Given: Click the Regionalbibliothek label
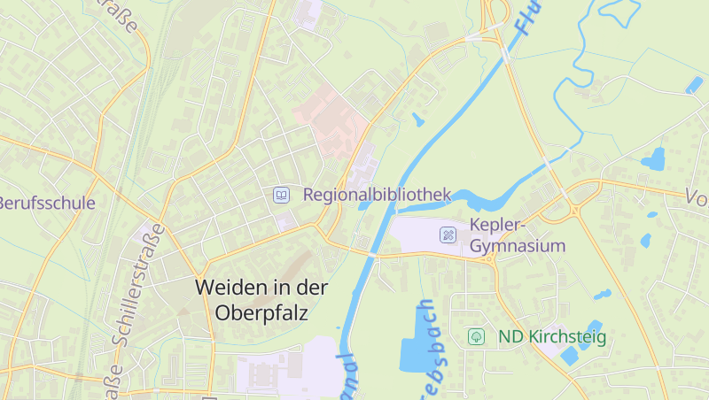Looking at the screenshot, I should pyautogui.click(x=378, y=195).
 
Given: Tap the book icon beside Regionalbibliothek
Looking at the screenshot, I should pyautogui.click(x=281, y=195).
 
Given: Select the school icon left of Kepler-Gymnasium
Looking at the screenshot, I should pyautogui.click(x=448, y=235).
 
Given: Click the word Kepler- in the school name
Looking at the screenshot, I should pyautogui.click(x=498, y=224).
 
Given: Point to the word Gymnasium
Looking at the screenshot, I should pyautogui.click(x=518, y=245).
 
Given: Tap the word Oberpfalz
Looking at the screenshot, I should pyautogui.click(x=261, y=312).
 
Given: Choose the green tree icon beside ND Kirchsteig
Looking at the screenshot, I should pyautogui.click(x=477, y=336).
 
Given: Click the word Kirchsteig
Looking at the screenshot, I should pyautogui.click(x=567, y=336).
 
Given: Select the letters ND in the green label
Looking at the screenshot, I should pyautogui.click(x=510, y=336).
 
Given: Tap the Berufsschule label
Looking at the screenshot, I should pyautogui.click(x=46, y=203).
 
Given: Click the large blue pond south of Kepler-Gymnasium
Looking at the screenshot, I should pyautogui.click(x=414, y=341).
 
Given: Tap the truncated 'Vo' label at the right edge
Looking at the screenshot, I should pyautogui.click(x=697, y=197).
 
